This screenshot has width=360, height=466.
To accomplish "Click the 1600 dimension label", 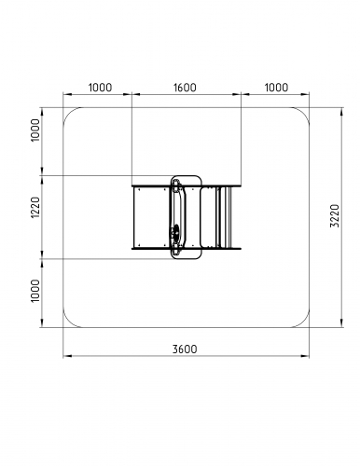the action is point(185,88).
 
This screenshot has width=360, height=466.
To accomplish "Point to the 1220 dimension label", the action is point(35,207).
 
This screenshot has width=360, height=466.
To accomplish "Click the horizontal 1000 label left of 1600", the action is point(100,88).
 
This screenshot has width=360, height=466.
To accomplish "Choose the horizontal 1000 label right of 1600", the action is point(276,88).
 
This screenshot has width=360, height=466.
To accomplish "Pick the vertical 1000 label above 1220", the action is point(35,130).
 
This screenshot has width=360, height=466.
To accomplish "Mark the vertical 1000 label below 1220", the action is point(35,291).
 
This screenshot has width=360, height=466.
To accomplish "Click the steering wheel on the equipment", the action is point(176,232).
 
